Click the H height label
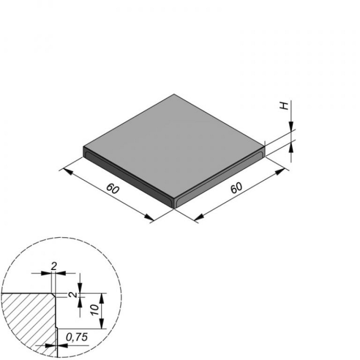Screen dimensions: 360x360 click(285, 106)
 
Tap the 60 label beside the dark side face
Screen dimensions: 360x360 click(113, 188)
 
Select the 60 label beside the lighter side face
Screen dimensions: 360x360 click(237, 188)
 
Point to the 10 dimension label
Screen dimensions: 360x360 click(95, 310)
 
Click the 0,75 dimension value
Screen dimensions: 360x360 click(77, 337)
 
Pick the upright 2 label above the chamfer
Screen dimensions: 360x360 click(54, 267)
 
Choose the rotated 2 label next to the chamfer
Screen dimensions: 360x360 click(74, 294)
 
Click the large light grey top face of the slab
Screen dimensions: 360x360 click(174, 147)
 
